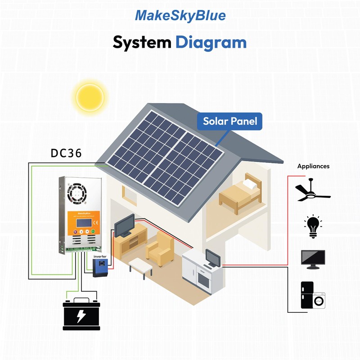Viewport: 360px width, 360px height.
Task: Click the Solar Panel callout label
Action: (230, 121)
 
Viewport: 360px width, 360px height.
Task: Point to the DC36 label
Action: (66, 153)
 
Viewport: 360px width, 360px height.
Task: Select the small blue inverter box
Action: (100, 268)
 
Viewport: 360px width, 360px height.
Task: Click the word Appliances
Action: (313, 166)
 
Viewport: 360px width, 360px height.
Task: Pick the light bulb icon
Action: (313, 225)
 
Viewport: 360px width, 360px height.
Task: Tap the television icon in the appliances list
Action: (313, 259)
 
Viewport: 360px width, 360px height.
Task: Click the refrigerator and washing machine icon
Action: (313, 295)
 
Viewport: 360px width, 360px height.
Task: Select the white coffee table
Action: (140, 265)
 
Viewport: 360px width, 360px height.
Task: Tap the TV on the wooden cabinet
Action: (125, 225)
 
